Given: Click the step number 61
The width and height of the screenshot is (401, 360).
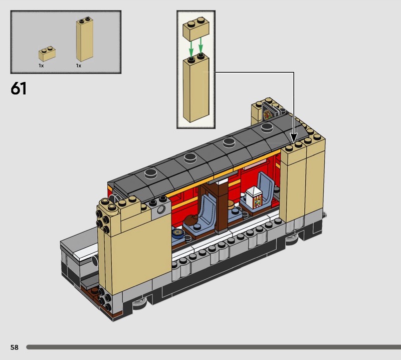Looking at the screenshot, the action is (19, 89).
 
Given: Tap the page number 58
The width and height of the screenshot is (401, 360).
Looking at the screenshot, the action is (15, 347).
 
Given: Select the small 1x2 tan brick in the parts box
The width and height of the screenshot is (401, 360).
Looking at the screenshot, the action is (47, 54).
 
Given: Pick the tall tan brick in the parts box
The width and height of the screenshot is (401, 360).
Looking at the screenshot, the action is (84, 39).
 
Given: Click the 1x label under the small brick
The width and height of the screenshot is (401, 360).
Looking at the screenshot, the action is (41, 66).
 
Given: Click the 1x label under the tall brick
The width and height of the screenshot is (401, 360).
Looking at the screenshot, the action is (79, 66).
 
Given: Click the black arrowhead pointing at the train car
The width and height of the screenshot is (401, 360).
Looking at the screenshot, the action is (294, 138).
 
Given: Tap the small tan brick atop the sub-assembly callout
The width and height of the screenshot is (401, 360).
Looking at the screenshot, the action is (196, 29).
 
